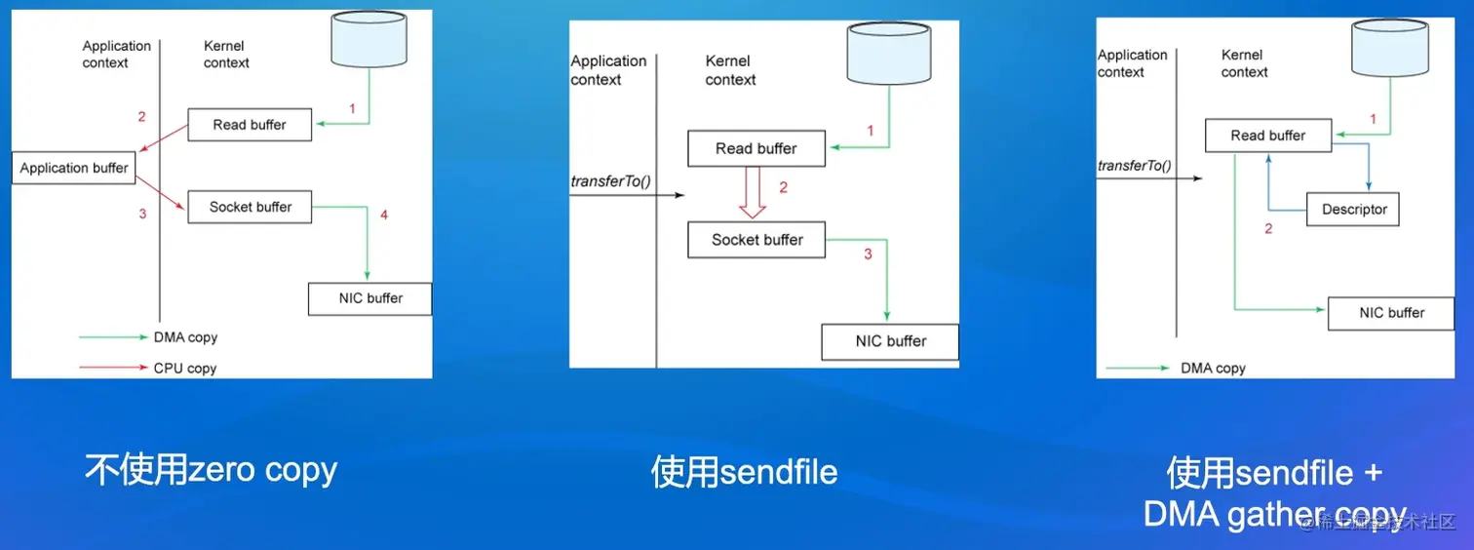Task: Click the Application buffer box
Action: pyautogui.click(x=74, y=168)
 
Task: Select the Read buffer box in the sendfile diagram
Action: pyautogui.click(x=756, y=148)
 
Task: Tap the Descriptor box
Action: pyautogui.click(x=1353, y=210)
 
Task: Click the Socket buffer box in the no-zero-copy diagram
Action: pyautogui.click(x=251, y=207)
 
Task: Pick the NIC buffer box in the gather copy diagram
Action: pyautogui.click(x=1391, y=313)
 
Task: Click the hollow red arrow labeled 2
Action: pyautogui.click(x=752, y=192)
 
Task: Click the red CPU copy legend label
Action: pyautogui.click(x=185, y=369)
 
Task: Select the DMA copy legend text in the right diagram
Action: pyautogui.click(x=1213, y=369)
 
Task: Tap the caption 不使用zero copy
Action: pyautogui.click(x=211, y=470)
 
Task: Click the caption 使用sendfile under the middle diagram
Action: pyautogui.click(x=744, y=473)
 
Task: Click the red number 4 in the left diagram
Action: pyautogui.click(x=384, y=215)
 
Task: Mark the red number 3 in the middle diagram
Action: pyautogui.click(x=869, y=255)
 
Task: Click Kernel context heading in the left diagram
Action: pyautogui.click(x=226, y=55)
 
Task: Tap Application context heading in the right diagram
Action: pyautogui.click(x=1131, y=63)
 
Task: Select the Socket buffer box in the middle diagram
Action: pyautogui.click(x=756, y=240)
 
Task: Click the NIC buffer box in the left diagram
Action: pyautogui.click(x=370, y=298)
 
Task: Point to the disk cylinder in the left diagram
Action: pyautogui.click(x=369, y=40)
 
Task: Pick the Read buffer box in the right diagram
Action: pyautogui.click(x=1267, y=136)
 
